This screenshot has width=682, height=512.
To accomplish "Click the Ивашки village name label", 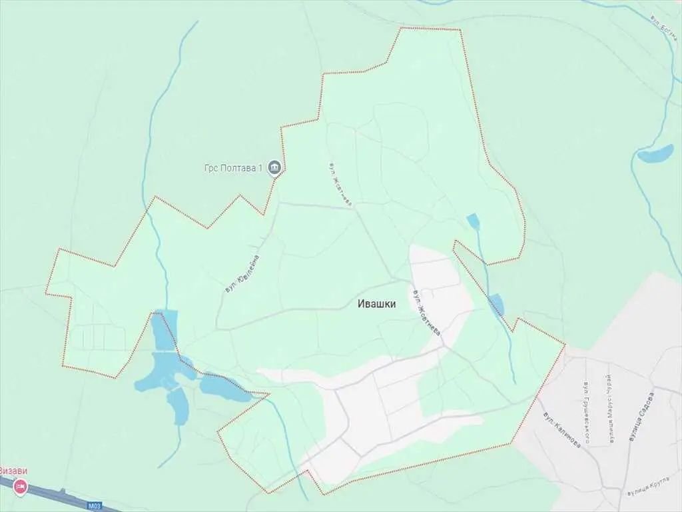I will click(x=377, y=304).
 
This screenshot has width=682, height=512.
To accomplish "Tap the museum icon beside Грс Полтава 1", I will click(x=274, y=167).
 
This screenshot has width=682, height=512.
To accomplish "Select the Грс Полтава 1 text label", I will click(x=233, y=167).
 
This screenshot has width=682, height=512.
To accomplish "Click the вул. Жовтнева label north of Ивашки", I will click(x=339, y=183).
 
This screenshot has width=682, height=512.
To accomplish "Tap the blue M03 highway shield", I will click(x=95, y=506).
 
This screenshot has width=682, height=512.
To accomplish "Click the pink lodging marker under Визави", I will click(x=20, y=487).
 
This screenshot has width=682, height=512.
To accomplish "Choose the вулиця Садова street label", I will click(x=641, y=417).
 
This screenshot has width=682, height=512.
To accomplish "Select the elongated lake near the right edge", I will click(x=655, y=153).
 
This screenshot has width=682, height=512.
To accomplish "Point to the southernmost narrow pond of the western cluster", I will click(x=178, y=406).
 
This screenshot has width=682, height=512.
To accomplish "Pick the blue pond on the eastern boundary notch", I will click(x=496, y=304).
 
